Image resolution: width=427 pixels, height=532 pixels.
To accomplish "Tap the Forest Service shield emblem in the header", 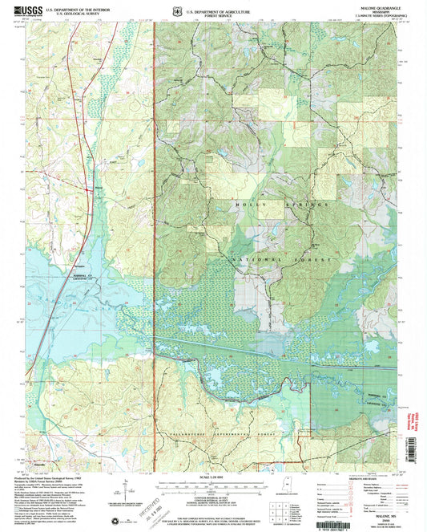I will [178, 11].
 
